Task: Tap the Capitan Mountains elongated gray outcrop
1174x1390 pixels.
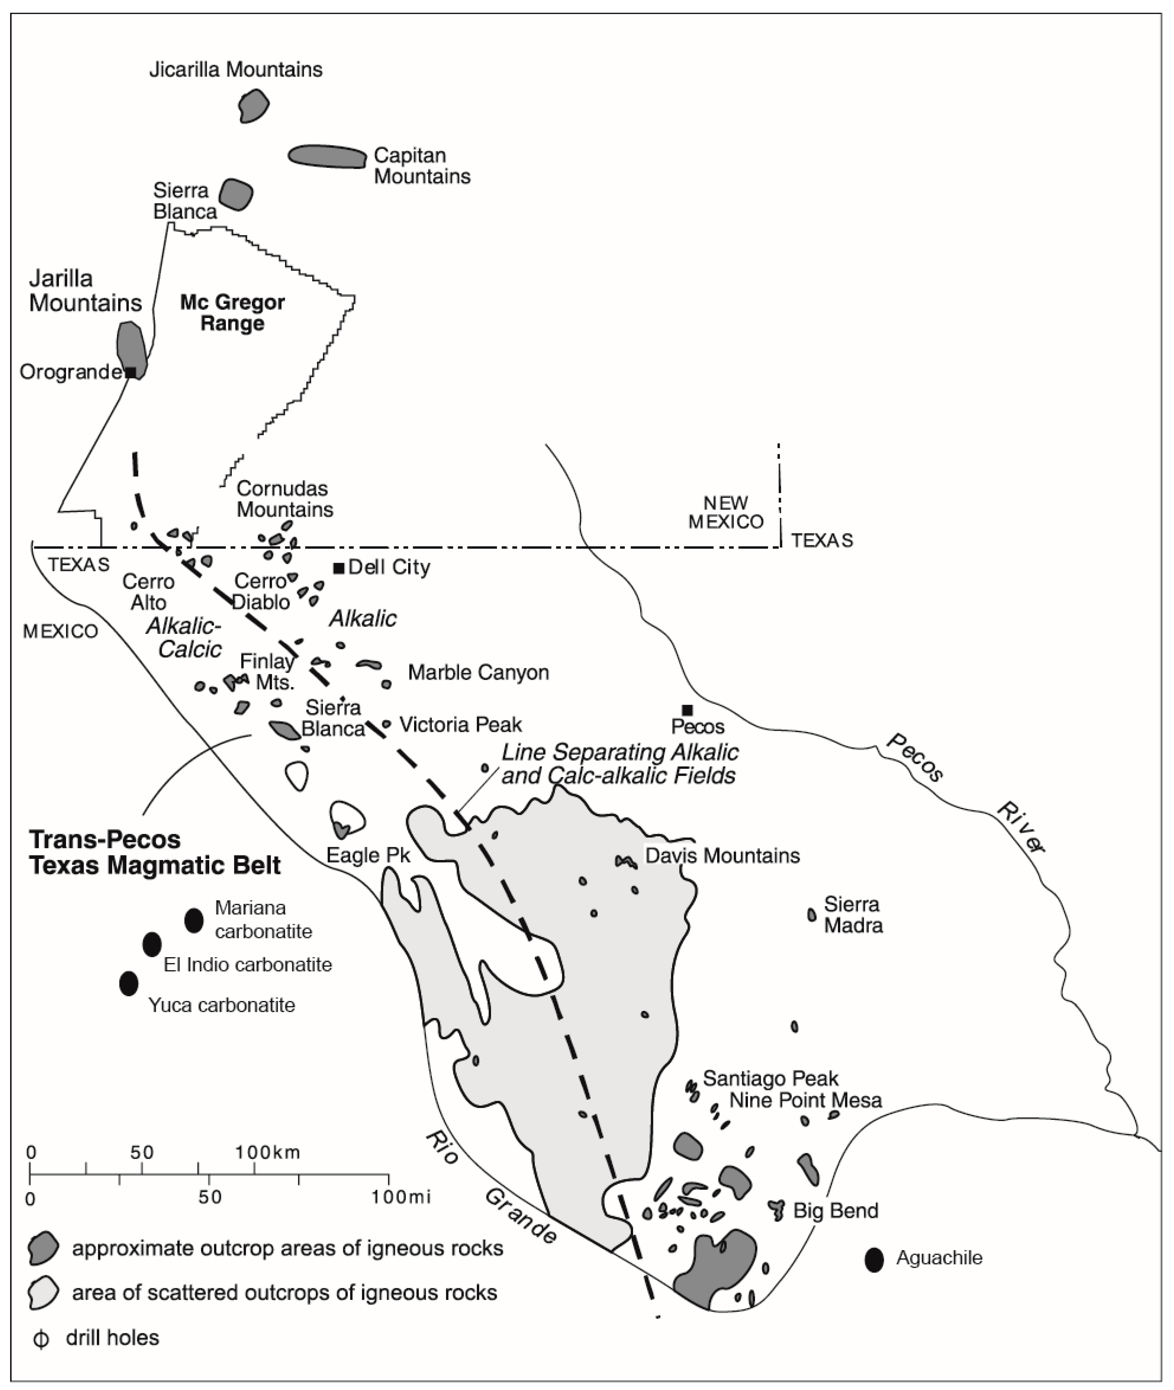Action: tap(327, 156)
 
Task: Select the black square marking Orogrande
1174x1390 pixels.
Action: tap(131, 372)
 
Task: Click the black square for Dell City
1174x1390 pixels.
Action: tap(338, 567)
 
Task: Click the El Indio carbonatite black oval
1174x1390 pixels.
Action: tap(152, 944)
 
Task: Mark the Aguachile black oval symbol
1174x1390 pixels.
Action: tap(874, 1259)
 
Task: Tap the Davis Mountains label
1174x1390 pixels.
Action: tap(722, 856)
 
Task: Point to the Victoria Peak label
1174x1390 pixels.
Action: tap(461, 725)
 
